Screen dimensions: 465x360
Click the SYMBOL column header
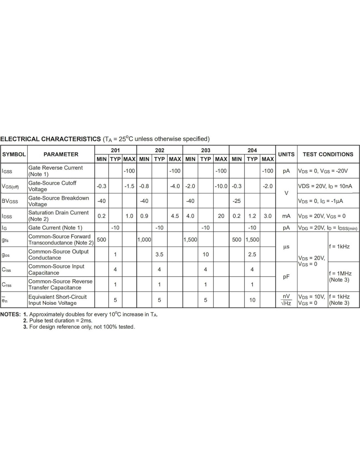pos(14,154)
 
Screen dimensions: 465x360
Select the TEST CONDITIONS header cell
pos(328,154)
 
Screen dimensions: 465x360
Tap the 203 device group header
pos(206,150)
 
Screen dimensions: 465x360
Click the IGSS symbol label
pos(7,171)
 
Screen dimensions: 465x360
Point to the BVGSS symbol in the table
pos(10,201)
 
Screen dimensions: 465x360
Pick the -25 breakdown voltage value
pos(236,201)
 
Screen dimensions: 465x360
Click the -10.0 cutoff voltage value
pos(221,186)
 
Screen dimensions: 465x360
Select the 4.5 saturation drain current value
pos(175,216)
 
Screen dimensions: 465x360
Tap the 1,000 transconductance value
pos(144,240)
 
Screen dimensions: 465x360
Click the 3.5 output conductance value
pos(159,254)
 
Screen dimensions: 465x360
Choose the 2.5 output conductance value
pos(252,254)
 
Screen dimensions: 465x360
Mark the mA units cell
pos(286,216)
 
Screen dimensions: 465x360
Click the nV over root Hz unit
pos(286,300)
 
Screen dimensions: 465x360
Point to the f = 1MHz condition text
pos(340,273)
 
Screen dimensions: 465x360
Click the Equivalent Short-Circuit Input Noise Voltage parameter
pos(57,300)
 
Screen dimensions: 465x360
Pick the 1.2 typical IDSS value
pos(252,216)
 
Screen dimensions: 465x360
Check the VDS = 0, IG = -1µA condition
pos(320,201)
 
